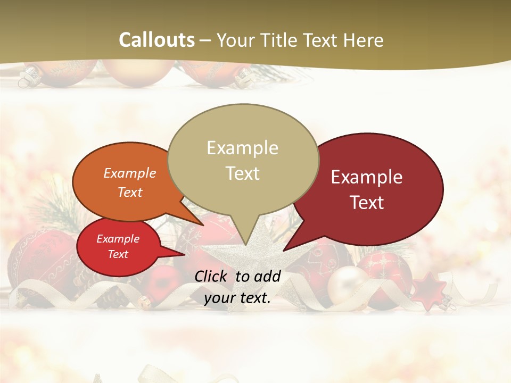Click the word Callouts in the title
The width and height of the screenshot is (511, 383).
click(x=156, y=40)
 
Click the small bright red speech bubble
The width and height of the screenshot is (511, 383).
click(x=118, y=247)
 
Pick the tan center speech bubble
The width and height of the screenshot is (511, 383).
click(x=243, y=160)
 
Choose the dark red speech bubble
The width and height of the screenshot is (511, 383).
click(x=373, y=189)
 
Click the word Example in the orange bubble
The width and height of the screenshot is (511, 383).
click(x=130, y=173)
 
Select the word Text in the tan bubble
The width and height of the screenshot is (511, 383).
click(x=243, y=173)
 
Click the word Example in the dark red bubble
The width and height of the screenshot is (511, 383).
click(x=367, y=177)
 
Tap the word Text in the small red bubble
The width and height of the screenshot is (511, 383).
click(x=118, y=254)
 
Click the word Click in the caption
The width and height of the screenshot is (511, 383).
click(x=212, y=276)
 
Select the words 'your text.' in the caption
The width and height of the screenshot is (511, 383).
click(x=237, y=298)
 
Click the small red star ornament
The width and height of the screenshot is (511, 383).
click(x=430, y=290)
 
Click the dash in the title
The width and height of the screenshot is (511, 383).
click(x=206, y=40)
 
